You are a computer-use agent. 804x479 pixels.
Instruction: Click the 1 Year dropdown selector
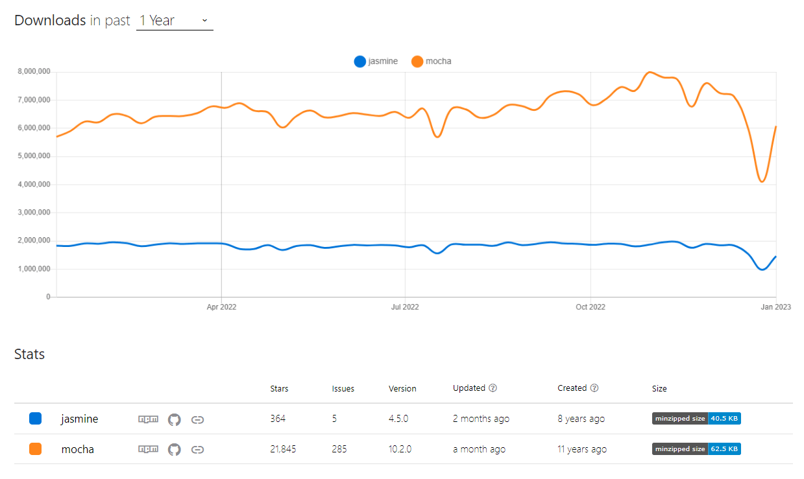point(174,21)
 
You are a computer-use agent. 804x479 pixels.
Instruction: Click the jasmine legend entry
point(376,62)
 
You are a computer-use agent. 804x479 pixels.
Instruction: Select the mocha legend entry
point(432,62)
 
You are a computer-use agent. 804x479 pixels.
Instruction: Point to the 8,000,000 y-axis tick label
point(34,72)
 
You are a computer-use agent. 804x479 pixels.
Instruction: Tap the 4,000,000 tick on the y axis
point(34,185)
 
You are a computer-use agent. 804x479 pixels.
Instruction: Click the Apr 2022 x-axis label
point(221,307)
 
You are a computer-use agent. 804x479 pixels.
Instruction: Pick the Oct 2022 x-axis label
point(590,307)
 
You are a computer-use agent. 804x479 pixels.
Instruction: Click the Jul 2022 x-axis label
point(405,307)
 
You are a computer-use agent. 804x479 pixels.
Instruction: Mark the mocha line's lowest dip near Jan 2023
point(762,181)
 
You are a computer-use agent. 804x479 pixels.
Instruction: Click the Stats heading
point(29,355)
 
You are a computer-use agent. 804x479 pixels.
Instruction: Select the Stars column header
point(279,389)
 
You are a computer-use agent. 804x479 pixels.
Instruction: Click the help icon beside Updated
point(493,388)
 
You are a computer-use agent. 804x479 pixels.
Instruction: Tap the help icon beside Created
point(594,388)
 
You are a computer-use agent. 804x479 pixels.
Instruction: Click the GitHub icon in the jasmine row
point(174,419)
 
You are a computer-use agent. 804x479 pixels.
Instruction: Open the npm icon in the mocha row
point(148,449)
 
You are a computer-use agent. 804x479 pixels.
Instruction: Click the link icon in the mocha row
point(198,449)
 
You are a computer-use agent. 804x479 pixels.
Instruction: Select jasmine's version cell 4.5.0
point(398,419)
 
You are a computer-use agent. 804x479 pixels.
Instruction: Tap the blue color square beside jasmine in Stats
point(36,419)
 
